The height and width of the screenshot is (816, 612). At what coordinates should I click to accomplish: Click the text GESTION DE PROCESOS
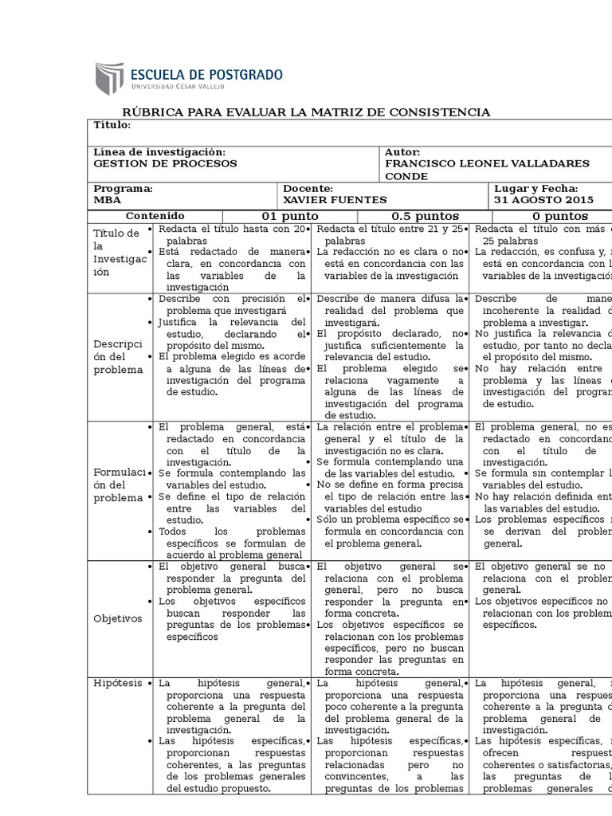tap(165, 163)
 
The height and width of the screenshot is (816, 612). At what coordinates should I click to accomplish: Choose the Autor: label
tap(402, 151)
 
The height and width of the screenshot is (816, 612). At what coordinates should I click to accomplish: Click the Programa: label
tap(124, 188)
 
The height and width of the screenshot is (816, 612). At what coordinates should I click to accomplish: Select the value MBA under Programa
tap(108, 199)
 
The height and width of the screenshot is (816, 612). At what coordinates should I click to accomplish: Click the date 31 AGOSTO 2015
tap(543, 199)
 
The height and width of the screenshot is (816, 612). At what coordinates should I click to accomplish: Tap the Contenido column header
tap(155, 216)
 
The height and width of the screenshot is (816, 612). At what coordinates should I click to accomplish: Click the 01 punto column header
tap(289, 216)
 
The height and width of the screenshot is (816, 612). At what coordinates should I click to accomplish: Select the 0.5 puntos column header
tap(425, 216)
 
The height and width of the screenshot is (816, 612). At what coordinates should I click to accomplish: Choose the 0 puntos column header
tap(560, 216)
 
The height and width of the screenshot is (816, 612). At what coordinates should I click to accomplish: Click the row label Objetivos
tap(117, 618)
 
